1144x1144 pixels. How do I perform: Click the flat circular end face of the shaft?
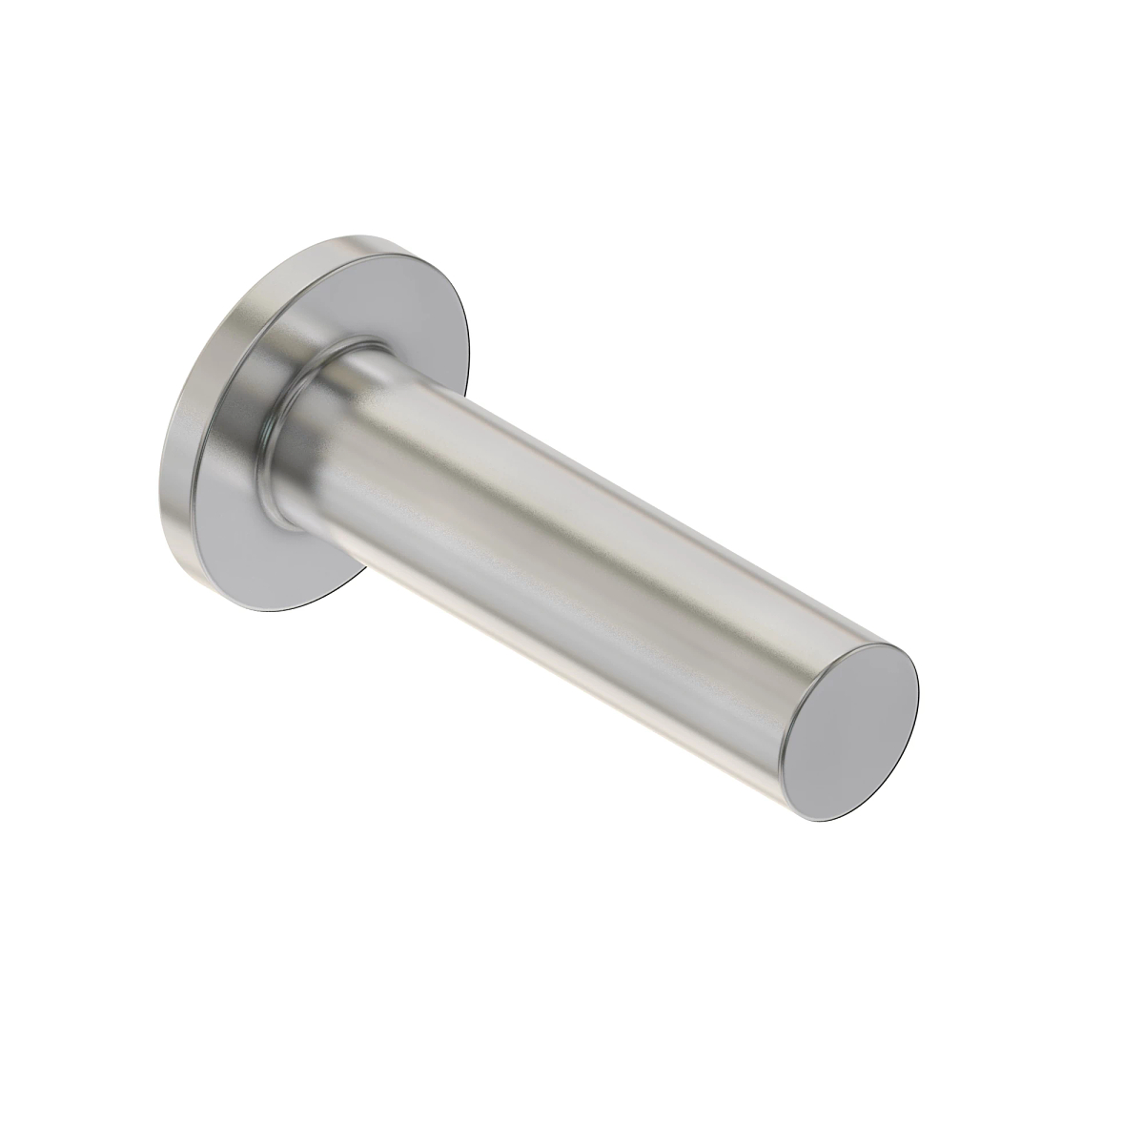(x=848, y=729)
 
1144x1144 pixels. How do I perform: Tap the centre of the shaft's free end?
(x=848, y=729)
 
